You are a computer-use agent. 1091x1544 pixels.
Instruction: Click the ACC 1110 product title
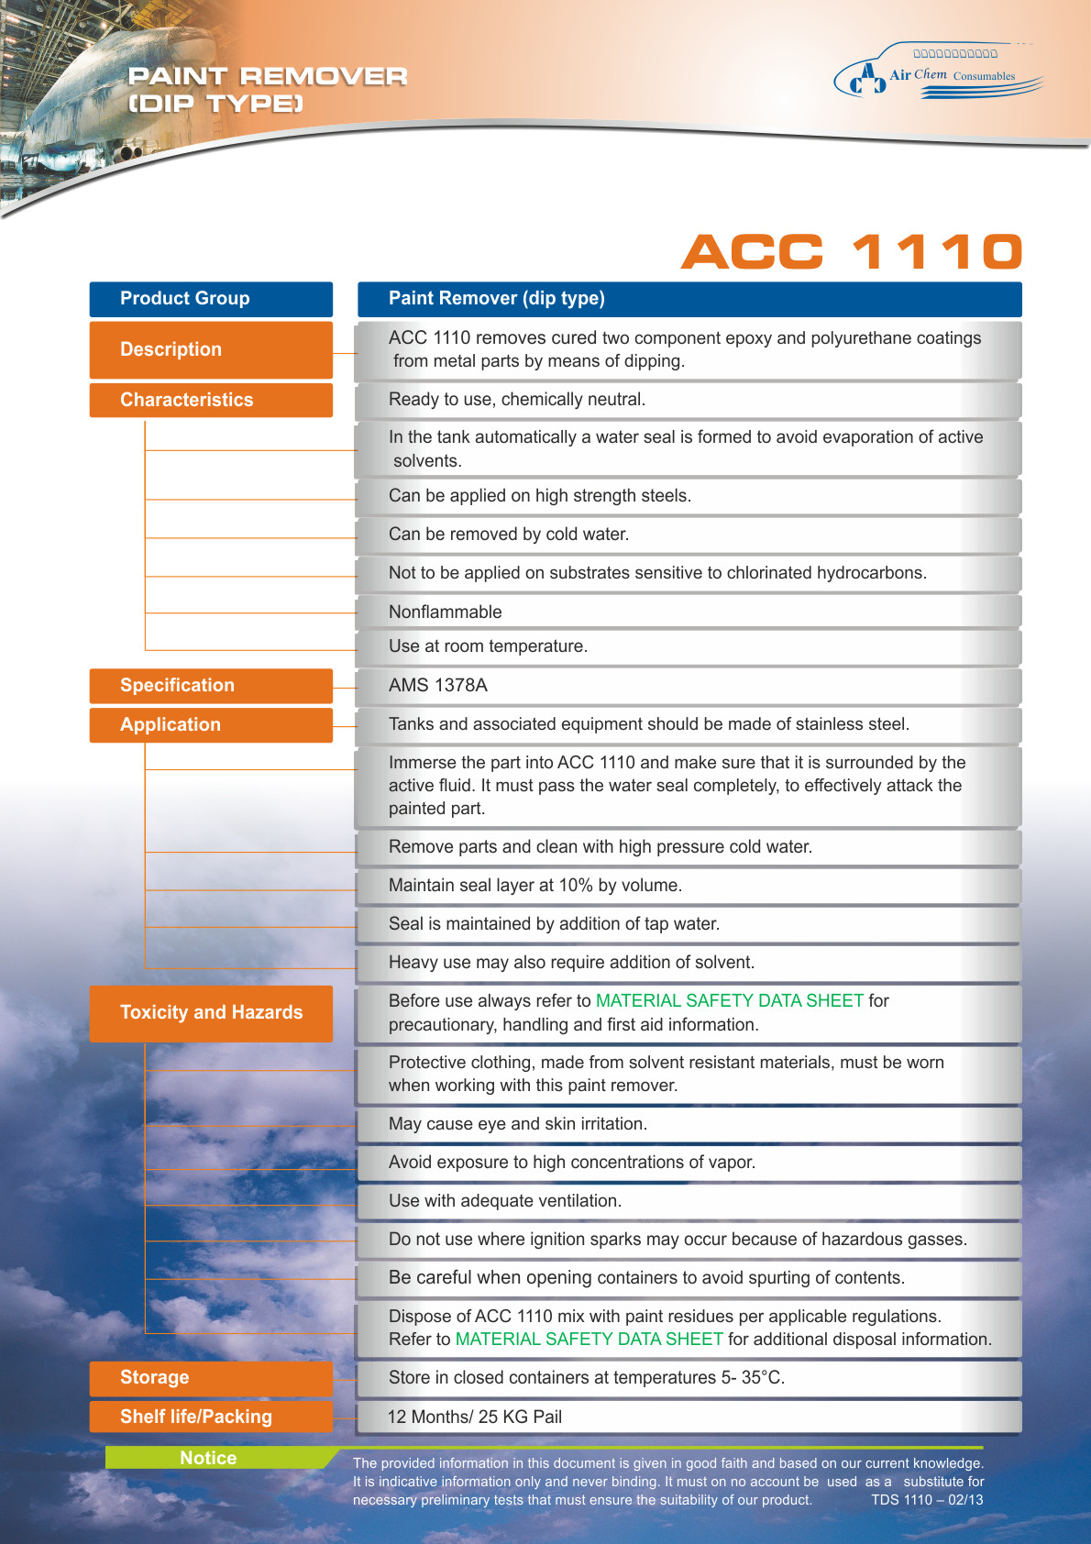click(x=851, y=252)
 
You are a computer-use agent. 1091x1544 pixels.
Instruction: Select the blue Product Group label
click(x=211, y=299)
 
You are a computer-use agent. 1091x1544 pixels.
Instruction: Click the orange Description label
click(x=211, y=349)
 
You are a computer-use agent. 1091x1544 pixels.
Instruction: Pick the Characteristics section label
click(x=211, y=400)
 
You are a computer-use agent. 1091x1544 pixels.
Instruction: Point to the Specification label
click(x=211, y=686)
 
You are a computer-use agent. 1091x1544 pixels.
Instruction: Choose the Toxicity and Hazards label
click(x=211, y=1012)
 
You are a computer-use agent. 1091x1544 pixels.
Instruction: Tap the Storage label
click(x=211, y=1377)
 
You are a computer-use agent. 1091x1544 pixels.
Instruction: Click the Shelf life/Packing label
click(x=211, y=1417)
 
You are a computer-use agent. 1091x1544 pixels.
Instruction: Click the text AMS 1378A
click(x=438, y=685)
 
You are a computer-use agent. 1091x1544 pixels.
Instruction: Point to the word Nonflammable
click(x=446, y=612)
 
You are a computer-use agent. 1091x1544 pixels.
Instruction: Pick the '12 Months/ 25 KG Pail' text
click(x=475, y=1417)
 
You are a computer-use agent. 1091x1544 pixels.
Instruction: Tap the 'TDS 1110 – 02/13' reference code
click(x=927, y=1500)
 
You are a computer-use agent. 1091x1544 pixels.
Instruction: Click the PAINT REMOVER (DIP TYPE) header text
click(x=267, y=90)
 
